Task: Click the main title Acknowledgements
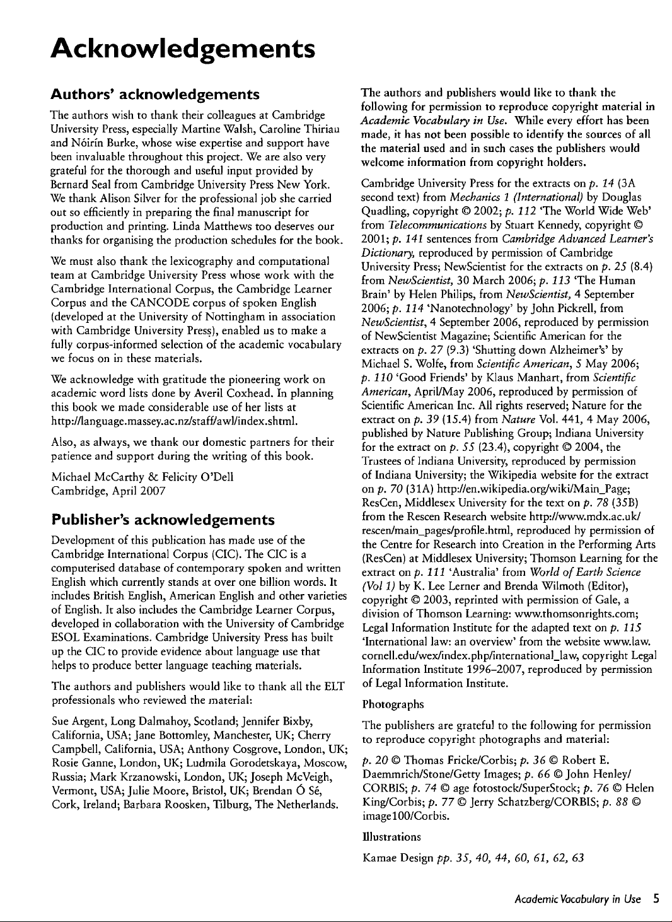coord(183,48)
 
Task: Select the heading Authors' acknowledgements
coord(155,95)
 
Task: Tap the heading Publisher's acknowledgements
coord(163,520)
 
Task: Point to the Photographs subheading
coord(393,704)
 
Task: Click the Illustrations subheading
coord(391,837)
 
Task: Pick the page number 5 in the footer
coord(656,899)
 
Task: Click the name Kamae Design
coord(398,858)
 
